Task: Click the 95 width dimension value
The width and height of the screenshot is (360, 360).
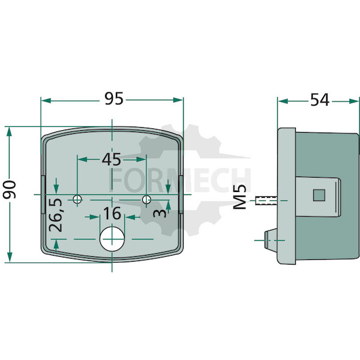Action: (x=114, y=99)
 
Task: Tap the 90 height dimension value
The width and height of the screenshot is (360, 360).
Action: (x=10, y=190)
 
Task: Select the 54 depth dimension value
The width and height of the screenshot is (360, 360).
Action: (x=320, y=100)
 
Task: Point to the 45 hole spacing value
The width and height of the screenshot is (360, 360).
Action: (x=112, y=160)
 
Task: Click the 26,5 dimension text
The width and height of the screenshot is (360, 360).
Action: (x=56, y=215)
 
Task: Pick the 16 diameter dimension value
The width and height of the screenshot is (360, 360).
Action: (x=112, y=213)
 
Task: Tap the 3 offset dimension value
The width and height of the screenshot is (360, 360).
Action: (x=160, y=213)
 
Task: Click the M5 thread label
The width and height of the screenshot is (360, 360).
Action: (x=239, y=197)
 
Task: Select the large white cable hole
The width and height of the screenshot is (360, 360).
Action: (x=112, y=239)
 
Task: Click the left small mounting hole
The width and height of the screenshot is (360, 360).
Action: (x=77, y=199)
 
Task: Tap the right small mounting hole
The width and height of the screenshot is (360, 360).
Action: (x=146, y=199)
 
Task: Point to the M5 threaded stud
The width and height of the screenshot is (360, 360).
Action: (x=266, y=200)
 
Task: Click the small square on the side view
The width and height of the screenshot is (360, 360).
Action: (x=319, y=195)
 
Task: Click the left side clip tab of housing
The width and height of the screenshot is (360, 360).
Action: (x=43, y=194)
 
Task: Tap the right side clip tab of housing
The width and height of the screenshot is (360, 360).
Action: (x=181, y=194)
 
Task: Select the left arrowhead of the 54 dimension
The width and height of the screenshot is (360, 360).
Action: (x=283, y=101)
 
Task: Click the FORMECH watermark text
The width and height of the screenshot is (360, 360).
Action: (x=180, y=179)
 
